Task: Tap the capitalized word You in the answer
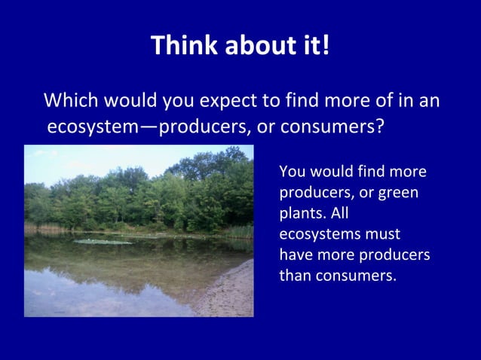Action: [x=292, y=171]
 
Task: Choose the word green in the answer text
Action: [x=398, y=192]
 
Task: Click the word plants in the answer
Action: [x=299, y=213]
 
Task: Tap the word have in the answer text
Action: [x=295, y=255]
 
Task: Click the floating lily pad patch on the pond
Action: [x=101, y=242]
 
